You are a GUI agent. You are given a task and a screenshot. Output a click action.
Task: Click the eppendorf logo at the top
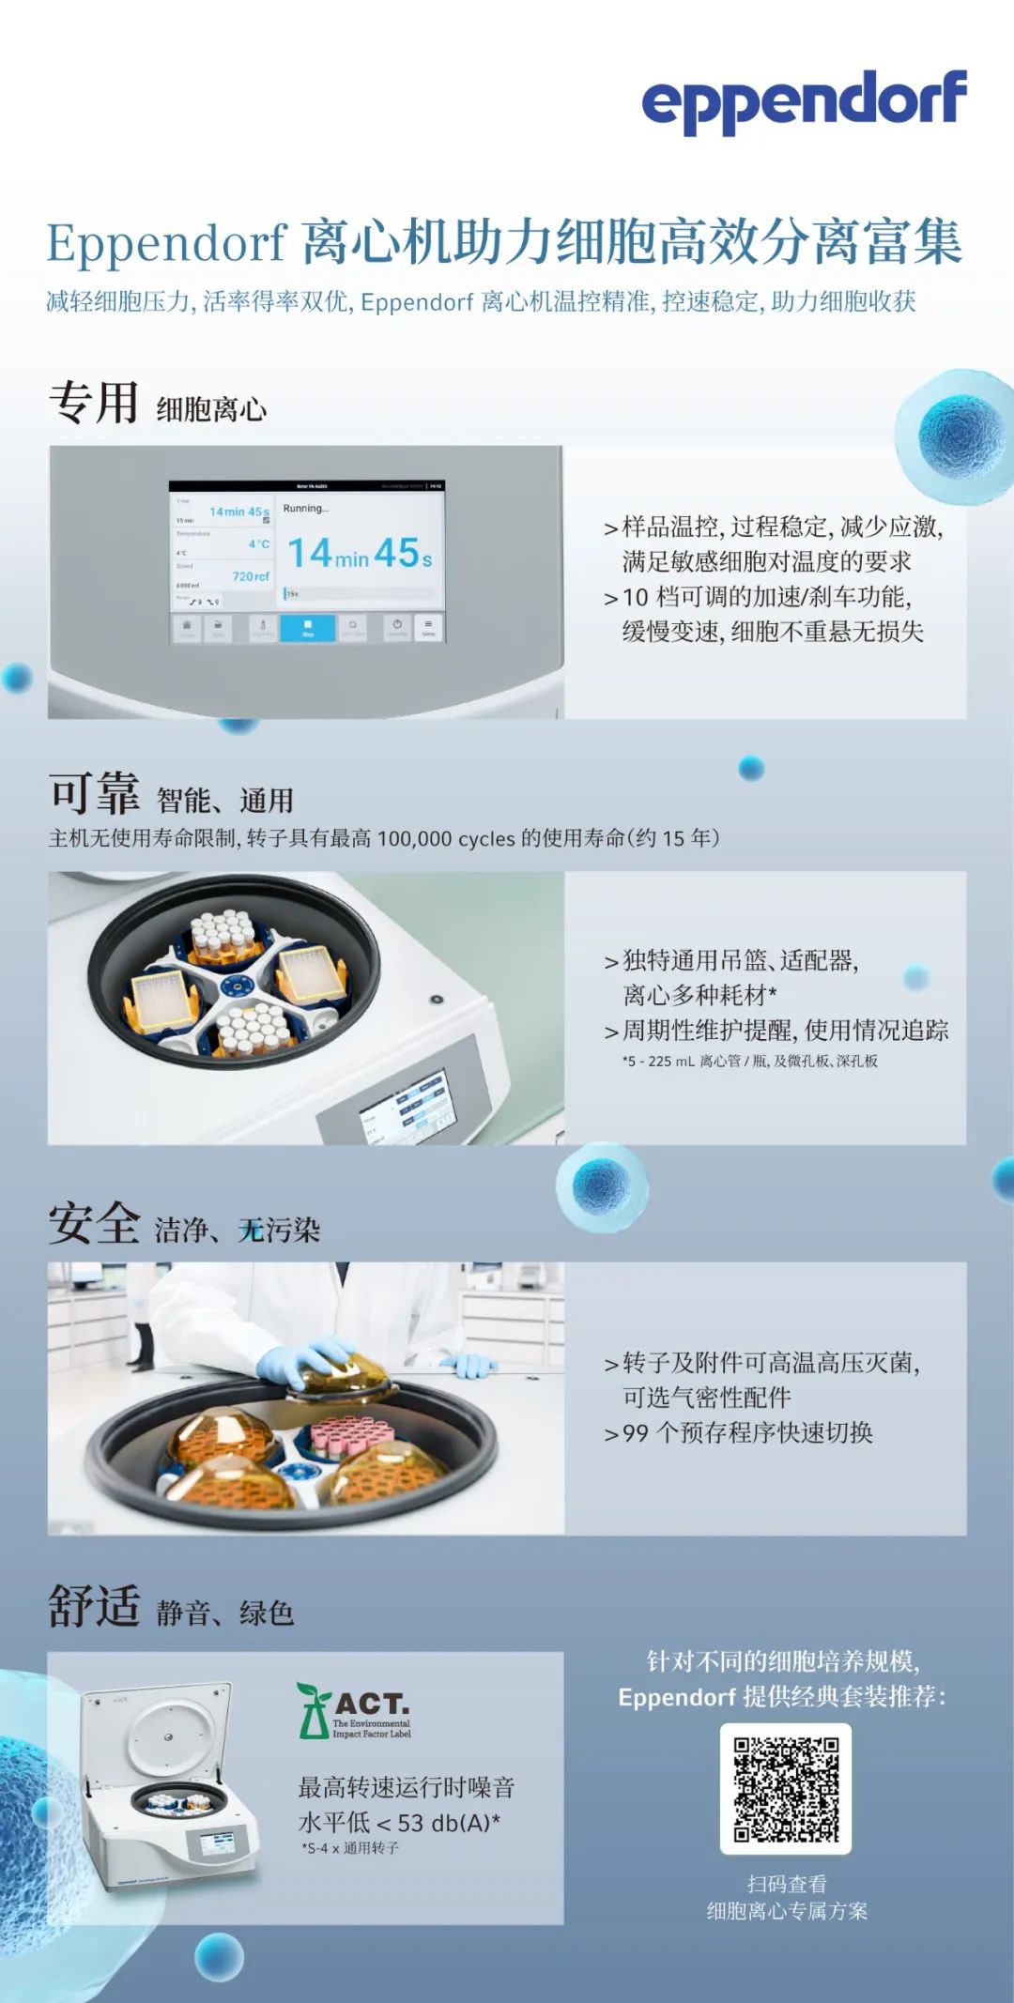coord(804,101)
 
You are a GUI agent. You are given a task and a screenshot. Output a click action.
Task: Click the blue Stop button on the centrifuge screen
coord(307,627)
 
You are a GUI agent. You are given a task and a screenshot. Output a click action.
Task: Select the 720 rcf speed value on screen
coord(251,576)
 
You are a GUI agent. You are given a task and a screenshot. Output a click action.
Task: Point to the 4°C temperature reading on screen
coord(258,544)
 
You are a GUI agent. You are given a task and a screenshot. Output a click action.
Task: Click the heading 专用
coord(94,404)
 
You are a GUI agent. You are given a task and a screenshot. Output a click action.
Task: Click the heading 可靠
coord(94,794)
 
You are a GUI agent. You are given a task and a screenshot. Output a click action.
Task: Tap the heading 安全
coord(94,1224)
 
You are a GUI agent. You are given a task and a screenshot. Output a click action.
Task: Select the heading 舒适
coord(94,1607)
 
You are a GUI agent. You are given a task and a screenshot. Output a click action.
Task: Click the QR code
coord(786,1788)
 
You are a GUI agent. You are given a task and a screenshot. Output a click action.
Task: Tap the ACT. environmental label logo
coord(354,1711)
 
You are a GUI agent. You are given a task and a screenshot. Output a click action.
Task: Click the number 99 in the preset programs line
coord(636,1433)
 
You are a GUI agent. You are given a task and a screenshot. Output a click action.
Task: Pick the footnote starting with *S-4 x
coord(350,1847)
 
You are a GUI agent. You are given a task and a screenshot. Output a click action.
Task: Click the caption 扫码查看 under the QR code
coord(787,1883)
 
